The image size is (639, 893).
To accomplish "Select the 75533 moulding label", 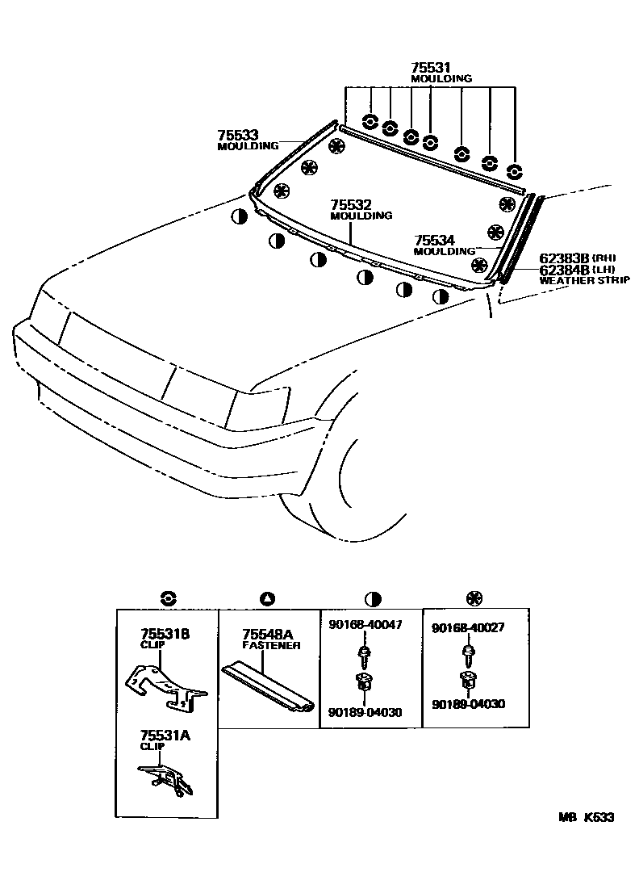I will pos(237,136).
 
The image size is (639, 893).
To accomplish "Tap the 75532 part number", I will pos(351,205).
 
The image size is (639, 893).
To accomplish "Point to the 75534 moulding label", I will pos(435,240).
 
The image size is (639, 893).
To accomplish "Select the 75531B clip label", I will pos(165,635).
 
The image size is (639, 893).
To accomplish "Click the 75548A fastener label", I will pos(269,635).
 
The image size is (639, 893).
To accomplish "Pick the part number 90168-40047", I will pos(365,625).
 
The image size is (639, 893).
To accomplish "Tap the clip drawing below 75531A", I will pos(165,779).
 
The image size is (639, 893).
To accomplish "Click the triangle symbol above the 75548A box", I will pos(269,598).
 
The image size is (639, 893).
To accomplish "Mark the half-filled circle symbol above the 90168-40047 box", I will pos(373,598).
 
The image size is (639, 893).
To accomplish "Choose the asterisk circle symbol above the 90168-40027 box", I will pos(474,598).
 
